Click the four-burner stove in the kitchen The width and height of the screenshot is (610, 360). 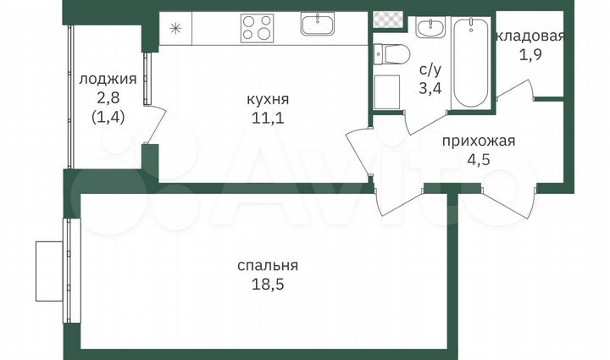click(x=258, y=28)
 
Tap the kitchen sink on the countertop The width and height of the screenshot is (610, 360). click(x=319, y=24)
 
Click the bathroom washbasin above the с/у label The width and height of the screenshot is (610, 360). click(x=427, y=30)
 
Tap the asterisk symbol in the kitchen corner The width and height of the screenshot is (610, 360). click(x=175, y=28)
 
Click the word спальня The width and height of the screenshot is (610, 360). click(x=268, y=266)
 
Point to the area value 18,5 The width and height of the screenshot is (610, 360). click(x=268, y=284)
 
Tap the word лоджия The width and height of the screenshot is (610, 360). click(x=107, y=80)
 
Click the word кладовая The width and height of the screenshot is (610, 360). click(x=530, y=36)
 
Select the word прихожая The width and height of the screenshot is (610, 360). click(x=479, y=141)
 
